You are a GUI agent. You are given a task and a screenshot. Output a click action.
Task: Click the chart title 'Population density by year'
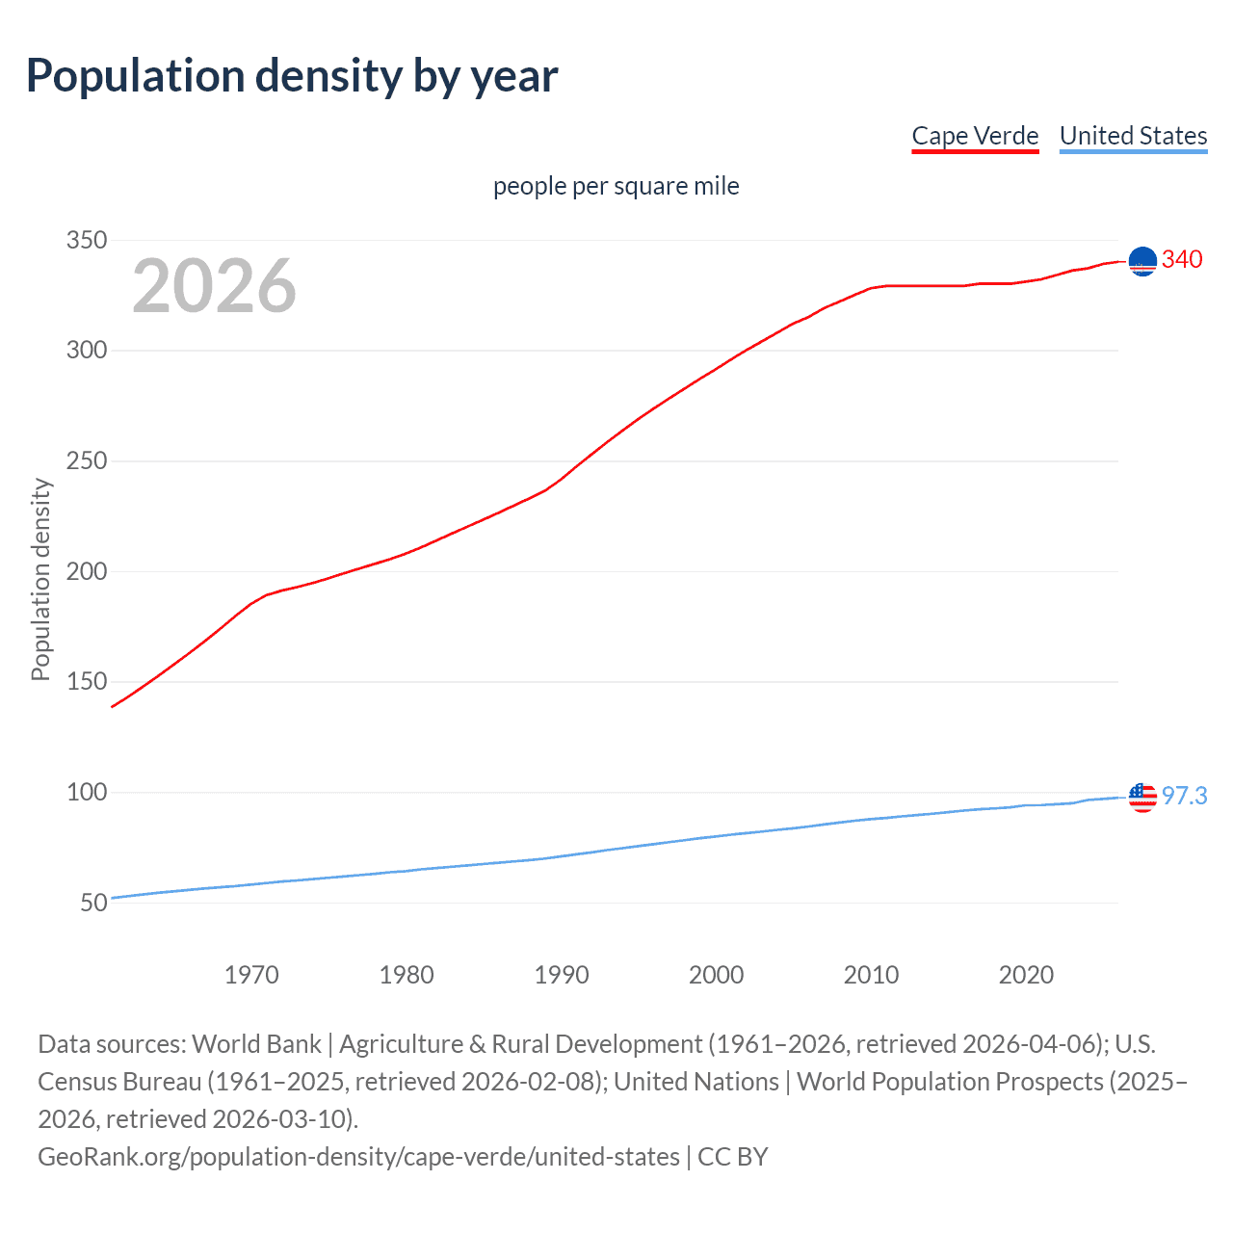click(x=292, y=76)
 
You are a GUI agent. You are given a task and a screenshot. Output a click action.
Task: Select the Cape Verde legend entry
click(x=975, y=136)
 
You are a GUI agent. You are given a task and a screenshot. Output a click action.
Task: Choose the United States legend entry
click(x=1133, y=136)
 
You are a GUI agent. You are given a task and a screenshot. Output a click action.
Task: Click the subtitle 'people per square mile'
click(x=616, y=186)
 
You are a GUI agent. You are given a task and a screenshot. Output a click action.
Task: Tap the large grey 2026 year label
click(x=214, y=286)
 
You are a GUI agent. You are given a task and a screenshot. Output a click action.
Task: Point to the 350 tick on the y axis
click(x=86, y=240)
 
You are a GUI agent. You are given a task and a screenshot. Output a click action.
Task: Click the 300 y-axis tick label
click(x=86, y=351)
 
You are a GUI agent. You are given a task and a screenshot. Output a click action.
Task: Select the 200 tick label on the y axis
click(x=86, y=571)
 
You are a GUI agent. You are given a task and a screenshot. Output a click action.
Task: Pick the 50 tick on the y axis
click(x=93, y=904)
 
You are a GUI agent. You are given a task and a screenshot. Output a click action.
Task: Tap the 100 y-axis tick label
click(x=86, y=793)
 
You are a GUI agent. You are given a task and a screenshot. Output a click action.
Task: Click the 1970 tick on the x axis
click(x=251, y=975)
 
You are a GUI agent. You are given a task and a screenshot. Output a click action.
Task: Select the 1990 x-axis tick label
click(x=562, y=975)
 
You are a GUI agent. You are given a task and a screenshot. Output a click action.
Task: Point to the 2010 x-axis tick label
click(x=871, y=975)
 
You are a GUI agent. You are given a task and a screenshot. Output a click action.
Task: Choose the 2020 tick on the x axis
click(x=1026, y=975)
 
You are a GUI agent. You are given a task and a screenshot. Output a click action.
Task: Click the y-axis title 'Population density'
click(x=40, y=580)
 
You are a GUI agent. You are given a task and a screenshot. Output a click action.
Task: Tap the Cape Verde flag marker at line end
click(x=1142, y=261)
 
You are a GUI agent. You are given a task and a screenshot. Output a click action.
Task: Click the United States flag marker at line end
click(x=1142, y=798)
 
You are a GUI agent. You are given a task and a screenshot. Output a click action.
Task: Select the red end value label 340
click(x=1182, y=259)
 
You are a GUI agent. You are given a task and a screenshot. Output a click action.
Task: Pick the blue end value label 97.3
click(x=1184, y=796)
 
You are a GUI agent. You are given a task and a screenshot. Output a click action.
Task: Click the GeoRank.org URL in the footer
click(x=358, y=1156)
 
